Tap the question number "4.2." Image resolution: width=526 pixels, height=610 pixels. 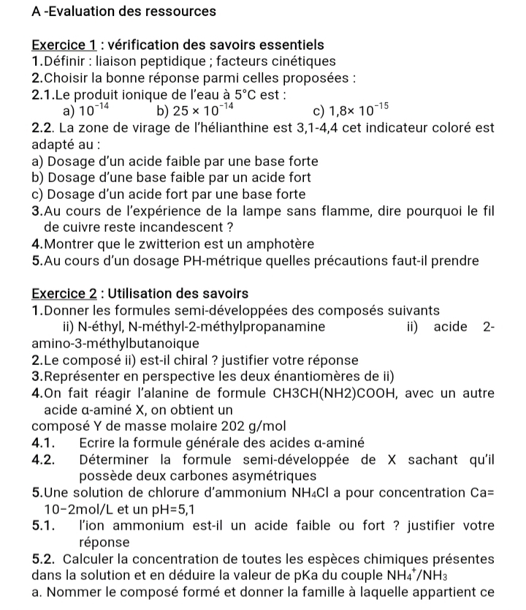(x=45, y=460)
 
